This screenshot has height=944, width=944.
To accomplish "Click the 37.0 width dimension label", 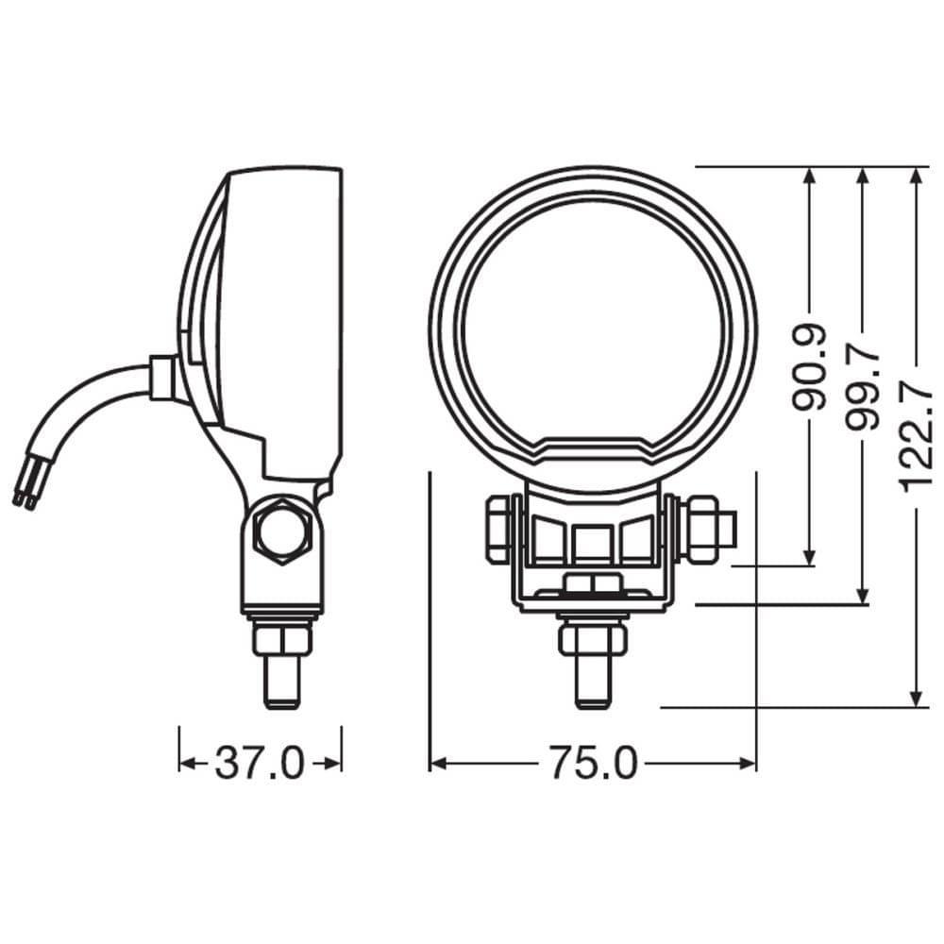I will (260, 764).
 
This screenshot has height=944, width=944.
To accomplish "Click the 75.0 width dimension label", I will (594, 764).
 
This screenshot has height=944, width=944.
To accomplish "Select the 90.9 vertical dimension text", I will (810, 368).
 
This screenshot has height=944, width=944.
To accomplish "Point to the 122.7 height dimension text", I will (916, 430).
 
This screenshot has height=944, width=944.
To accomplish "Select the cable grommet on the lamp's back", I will (161, 378).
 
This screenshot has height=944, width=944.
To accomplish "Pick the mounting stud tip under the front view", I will (592, 683).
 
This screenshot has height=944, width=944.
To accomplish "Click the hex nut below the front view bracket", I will (592, 638).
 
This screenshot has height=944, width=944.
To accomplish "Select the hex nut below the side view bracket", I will (281, 640).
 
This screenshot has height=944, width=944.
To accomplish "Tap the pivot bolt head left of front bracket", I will (497, 530).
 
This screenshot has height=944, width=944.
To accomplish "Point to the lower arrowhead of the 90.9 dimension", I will (809, 557).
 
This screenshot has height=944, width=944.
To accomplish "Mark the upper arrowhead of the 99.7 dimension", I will (862, 177).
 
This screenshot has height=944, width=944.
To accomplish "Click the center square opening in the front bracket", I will (592, 542).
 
